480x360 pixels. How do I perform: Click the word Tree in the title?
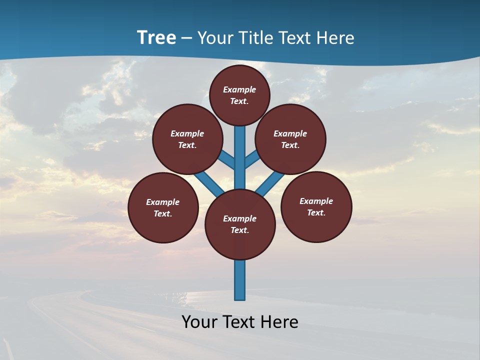[x=156, y=38]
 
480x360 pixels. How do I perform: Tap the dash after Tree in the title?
[x=186, y=38]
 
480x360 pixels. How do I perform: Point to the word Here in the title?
[x=336, y=38]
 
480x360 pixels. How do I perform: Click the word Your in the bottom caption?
[x=199, y=322]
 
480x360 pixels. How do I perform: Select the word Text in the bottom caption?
[x=239, y=322]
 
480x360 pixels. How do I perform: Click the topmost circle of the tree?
[x=239, y=95]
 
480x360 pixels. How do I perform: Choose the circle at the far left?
[x=163, y=207]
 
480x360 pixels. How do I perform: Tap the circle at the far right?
[x=316, y=206]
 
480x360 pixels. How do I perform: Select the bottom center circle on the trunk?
[x=240, y=224]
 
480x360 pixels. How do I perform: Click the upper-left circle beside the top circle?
[x=187, y=139]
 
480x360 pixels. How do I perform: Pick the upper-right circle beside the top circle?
[x=290, y=139]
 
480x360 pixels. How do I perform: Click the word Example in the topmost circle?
[x=239, y=89]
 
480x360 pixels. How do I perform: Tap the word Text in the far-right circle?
[x=316, y=212]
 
